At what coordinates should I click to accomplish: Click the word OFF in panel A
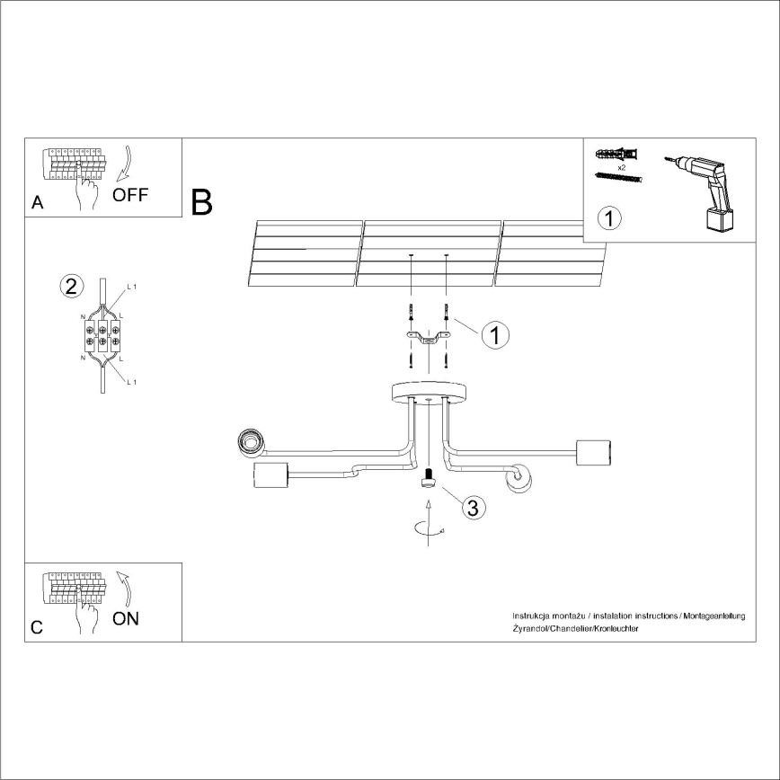[130, 196]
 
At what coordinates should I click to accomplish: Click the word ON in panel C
[127, 618]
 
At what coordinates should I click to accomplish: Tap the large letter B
[202, 202]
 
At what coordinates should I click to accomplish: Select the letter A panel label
[37, 203]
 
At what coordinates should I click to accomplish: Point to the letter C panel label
[37, 628]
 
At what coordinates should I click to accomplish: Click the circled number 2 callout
[71, 287]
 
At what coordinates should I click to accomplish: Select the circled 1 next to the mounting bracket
[495, 335]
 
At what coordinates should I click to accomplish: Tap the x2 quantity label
[621, 168]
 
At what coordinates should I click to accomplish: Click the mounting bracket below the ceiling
[429, 339]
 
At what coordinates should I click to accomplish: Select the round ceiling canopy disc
[429, 393]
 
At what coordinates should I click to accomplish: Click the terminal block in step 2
[102, 333]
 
